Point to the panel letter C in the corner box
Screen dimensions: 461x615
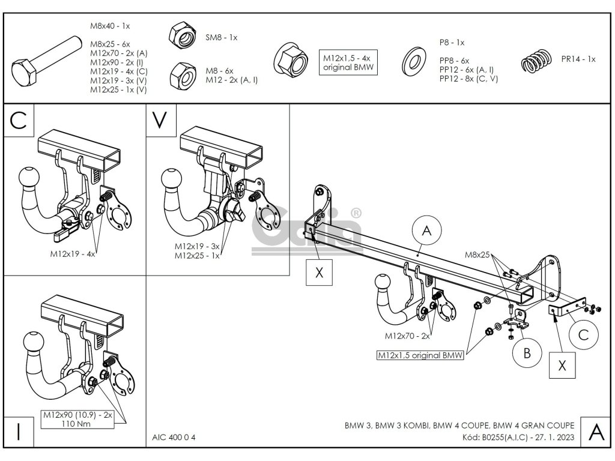[19, 121]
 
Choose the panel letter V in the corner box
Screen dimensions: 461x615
[159, 120]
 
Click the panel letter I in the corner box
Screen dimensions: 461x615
[19, 432]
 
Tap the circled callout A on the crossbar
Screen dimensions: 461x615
[426, 230]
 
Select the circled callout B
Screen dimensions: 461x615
[527, 352]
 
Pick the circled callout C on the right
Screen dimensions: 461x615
[583, 336]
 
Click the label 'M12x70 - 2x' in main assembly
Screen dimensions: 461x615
[407, 335]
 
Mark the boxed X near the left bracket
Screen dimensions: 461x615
[319, 272]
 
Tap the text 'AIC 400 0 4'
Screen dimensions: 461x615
[170, 437]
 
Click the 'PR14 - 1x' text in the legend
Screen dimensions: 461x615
[578, 59]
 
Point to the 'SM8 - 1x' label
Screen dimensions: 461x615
[222, 37]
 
